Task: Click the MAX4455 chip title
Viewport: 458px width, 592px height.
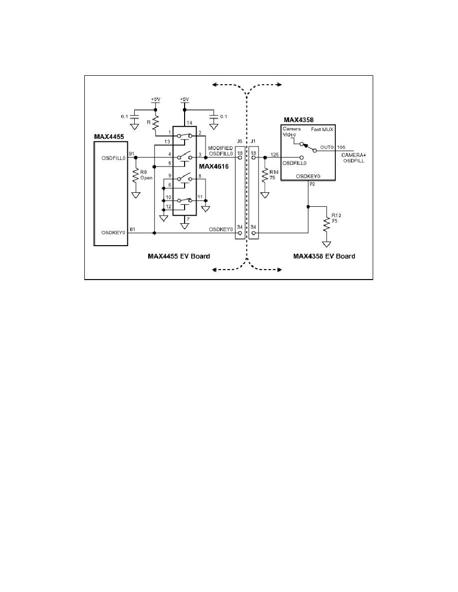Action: [109, 137]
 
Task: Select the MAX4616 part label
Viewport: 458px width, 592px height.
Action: [214, 166]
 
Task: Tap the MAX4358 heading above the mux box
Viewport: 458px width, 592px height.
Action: [298, 120]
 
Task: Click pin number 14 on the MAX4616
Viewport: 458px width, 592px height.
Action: [189, 123]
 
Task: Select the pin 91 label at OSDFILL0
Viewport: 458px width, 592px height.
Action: [132, 153]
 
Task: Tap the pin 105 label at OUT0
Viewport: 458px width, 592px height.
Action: [341, 147]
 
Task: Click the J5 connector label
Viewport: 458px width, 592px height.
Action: [239, 141]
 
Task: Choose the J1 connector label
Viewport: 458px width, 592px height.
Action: [253, 141]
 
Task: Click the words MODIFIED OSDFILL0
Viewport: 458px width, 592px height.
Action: [221, 150]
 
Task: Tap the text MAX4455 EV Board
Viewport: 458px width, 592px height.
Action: [179, 256]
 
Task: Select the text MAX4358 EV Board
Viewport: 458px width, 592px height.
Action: [324, 256]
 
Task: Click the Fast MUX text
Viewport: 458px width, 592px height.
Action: [322, 129]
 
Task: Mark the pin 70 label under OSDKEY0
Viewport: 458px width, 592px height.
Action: [312, 184]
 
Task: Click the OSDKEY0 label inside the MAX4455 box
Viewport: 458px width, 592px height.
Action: [113, 233]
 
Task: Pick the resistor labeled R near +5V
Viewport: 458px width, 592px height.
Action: [155, 123]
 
